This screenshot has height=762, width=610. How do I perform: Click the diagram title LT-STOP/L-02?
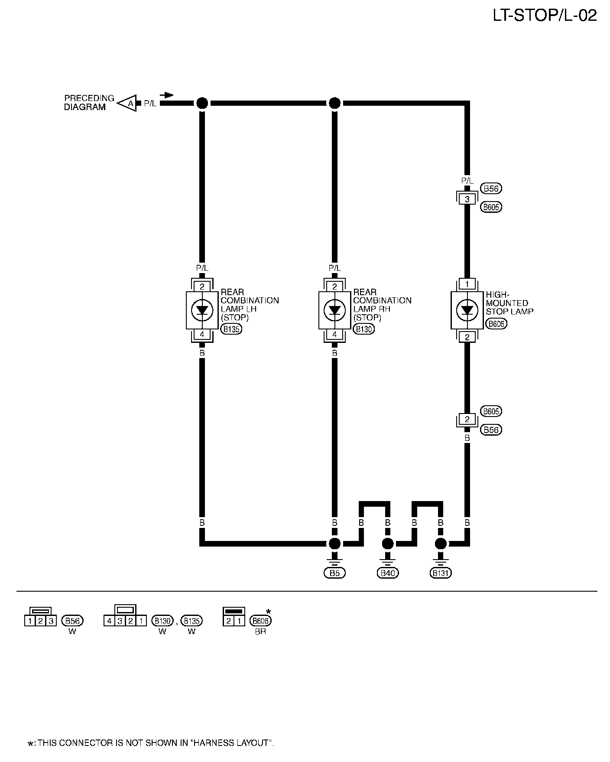pyautogui.click(x=545, y=16)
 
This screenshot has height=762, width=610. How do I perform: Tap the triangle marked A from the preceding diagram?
pyautogui.click(x=129, y=103)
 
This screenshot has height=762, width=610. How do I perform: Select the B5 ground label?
pyautogui.click(x=334, y=573)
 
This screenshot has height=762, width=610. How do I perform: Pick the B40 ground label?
pyautogui.click(x=388, y=573)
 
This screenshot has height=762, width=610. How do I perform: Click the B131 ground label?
pyautogui.click(x=441, y=573)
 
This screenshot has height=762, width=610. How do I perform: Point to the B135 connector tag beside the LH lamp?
pyautogui.click(x=232, y=329)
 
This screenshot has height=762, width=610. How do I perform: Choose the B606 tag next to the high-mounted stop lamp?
pyautogui.click(x=496, y=323)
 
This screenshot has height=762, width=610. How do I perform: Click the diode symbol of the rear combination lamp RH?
pyautogui.click(x=334, y=310)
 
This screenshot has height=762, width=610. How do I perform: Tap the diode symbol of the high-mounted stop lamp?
pyautogui.click(x=467, y=310)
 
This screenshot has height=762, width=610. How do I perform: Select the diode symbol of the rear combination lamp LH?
pyautogui.click(x=202, y=310)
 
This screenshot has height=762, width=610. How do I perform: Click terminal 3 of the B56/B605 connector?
pyautogui.click(x=467, y=199)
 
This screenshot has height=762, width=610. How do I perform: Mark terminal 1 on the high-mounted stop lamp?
pyautogui.click(x=467, y=284)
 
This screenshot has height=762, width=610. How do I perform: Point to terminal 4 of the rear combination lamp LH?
pyautogui.click(x=202, y=335)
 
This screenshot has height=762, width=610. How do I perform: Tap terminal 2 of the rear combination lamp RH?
pyautogui.click(x=334, y=287)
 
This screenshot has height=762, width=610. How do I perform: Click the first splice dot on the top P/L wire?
pyautogui.click(x=202, y=103)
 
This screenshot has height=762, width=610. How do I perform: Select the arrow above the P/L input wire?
pyautogui.click(x=167, y=95)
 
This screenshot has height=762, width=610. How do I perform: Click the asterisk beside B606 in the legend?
pyautogui.click(x=268, y=612)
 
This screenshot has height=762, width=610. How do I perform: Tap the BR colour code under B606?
pyautogui.click(x=260, y=632)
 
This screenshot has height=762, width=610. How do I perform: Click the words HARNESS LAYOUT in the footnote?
pyautogui.click(x=232, y=743)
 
